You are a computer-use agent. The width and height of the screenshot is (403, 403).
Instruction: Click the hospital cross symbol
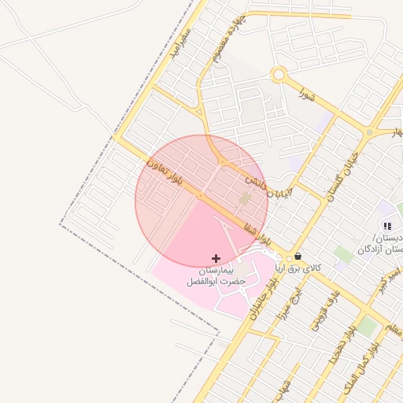tap(216, 258)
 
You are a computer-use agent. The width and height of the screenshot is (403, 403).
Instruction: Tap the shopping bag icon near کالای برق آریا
tap(298, 257)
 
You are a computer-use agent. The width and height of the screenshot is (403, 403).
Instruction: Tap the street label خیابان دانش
tap(268, 187)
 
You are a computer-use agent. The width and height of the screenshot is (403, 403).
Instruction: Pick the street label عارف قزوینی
tap(317, 312)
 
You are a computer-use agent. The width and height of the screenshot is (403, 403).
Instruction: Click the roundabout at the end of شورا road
tap(278, 76)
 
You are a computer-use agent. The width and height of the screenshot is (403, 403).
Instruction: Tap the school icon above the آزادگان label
tap(386, 226)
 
